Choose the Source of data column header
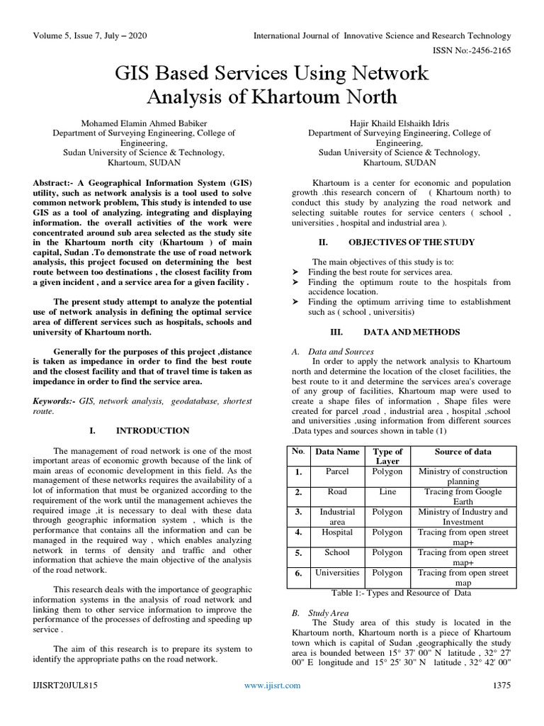tap(463, 452)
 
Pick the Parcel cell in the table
tap(337, 471)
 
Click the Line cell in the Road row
tap(387, 491)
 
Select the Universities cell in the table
tap(337, 572)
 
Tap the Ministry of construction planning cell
tap(463, 476)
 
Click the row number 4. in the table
tap(299, 532)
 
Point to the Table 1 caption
tap(401, 593)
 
